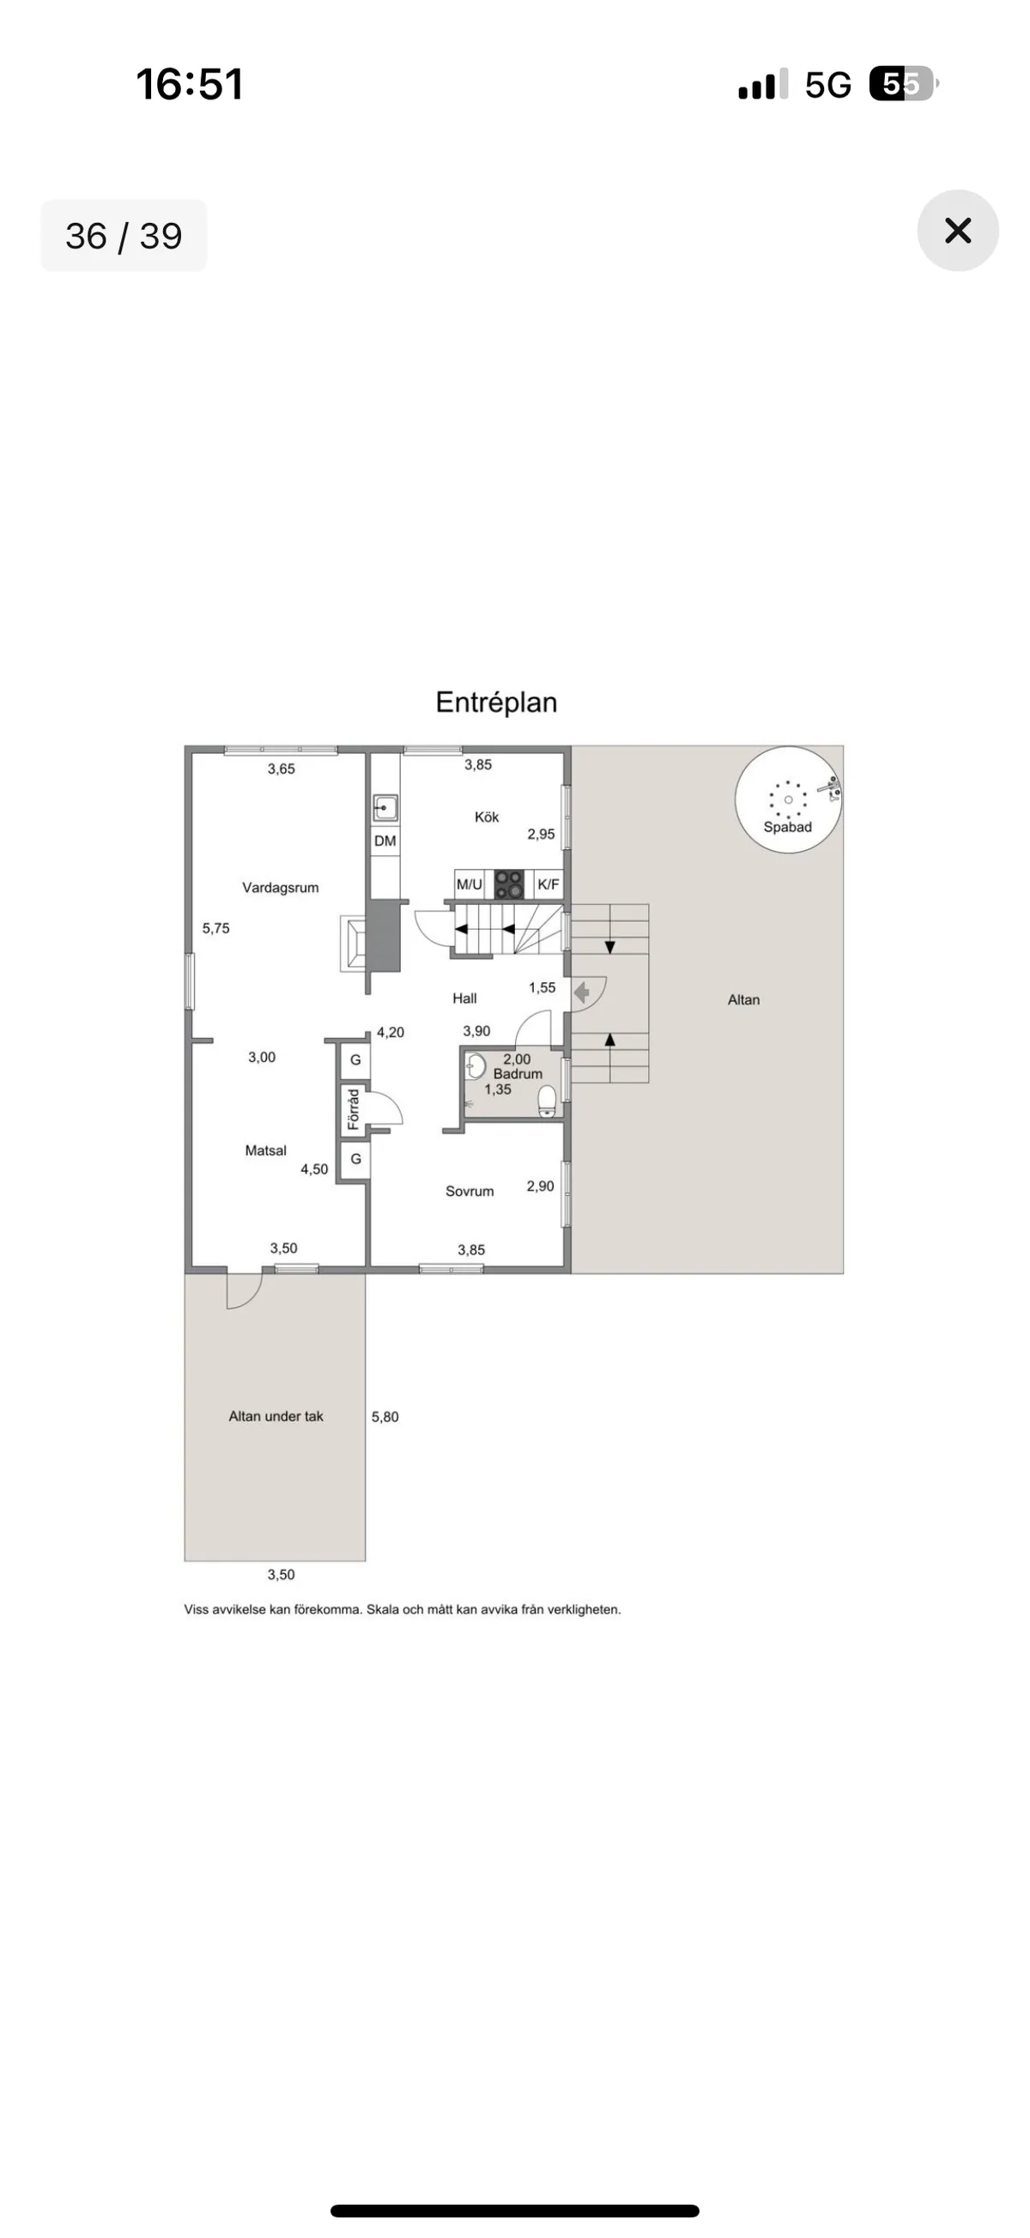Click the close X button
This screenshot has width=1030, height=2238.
pyautogui.click(x=957, y=230)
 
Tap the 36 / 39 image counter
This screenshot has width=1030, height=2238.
pyautogui.click(x=124, y=236)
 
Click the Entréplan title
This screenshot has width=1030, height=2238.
pyautogui.click(x=495, y=702)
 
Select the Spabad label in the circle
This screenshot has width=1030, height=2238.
pyautogui.click(x=786, y=827)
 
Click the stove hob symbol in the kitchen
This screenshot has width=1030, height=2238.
pyautogui.click(x=508, y=884)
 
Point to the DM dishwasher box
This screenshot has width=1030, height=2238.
pyautogui.click(x=385, y=840)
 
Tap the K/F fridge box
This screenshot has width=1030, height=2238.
pyautogui.click(x=548, y=884)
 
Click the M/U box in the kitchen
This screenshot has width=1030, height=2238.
pyautogui.click(x=470, y=884)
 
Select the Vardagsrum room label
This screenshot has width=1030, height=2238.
pyautogui.click(x=280, y=887)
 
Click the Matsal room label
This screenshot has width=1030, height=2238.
pyautogui.click(x=265, y=1150)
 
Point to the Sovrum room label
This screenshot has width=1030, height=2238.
pyautogui.click(x=470, y=1191)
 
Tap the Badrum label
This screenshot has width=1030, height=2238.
pyautogui.click(x=518, y=1074)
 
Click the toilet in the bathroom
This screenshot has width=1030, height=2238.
pyautogui.click(x=547, y=1101)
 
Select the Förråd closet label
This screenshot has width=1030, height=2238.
pyautogui.click(x=354, y=1108)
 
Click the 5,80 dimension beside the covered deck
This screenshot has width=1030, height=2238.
pyautogui.click(x=385, y=1416)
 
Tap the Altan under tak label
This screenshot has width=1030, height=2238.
pyautogui.click(x=276, y=1416)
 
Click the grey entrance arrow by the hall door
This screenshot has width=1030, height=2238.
pyautogui.click(x=581, y=992)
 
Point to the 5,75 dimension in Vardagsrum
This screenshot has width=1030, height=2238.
pyautogui.click(x=215, y=928)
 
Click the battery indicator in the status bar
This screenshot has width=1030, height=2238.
pyautogui.click(x=902, y=84)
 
